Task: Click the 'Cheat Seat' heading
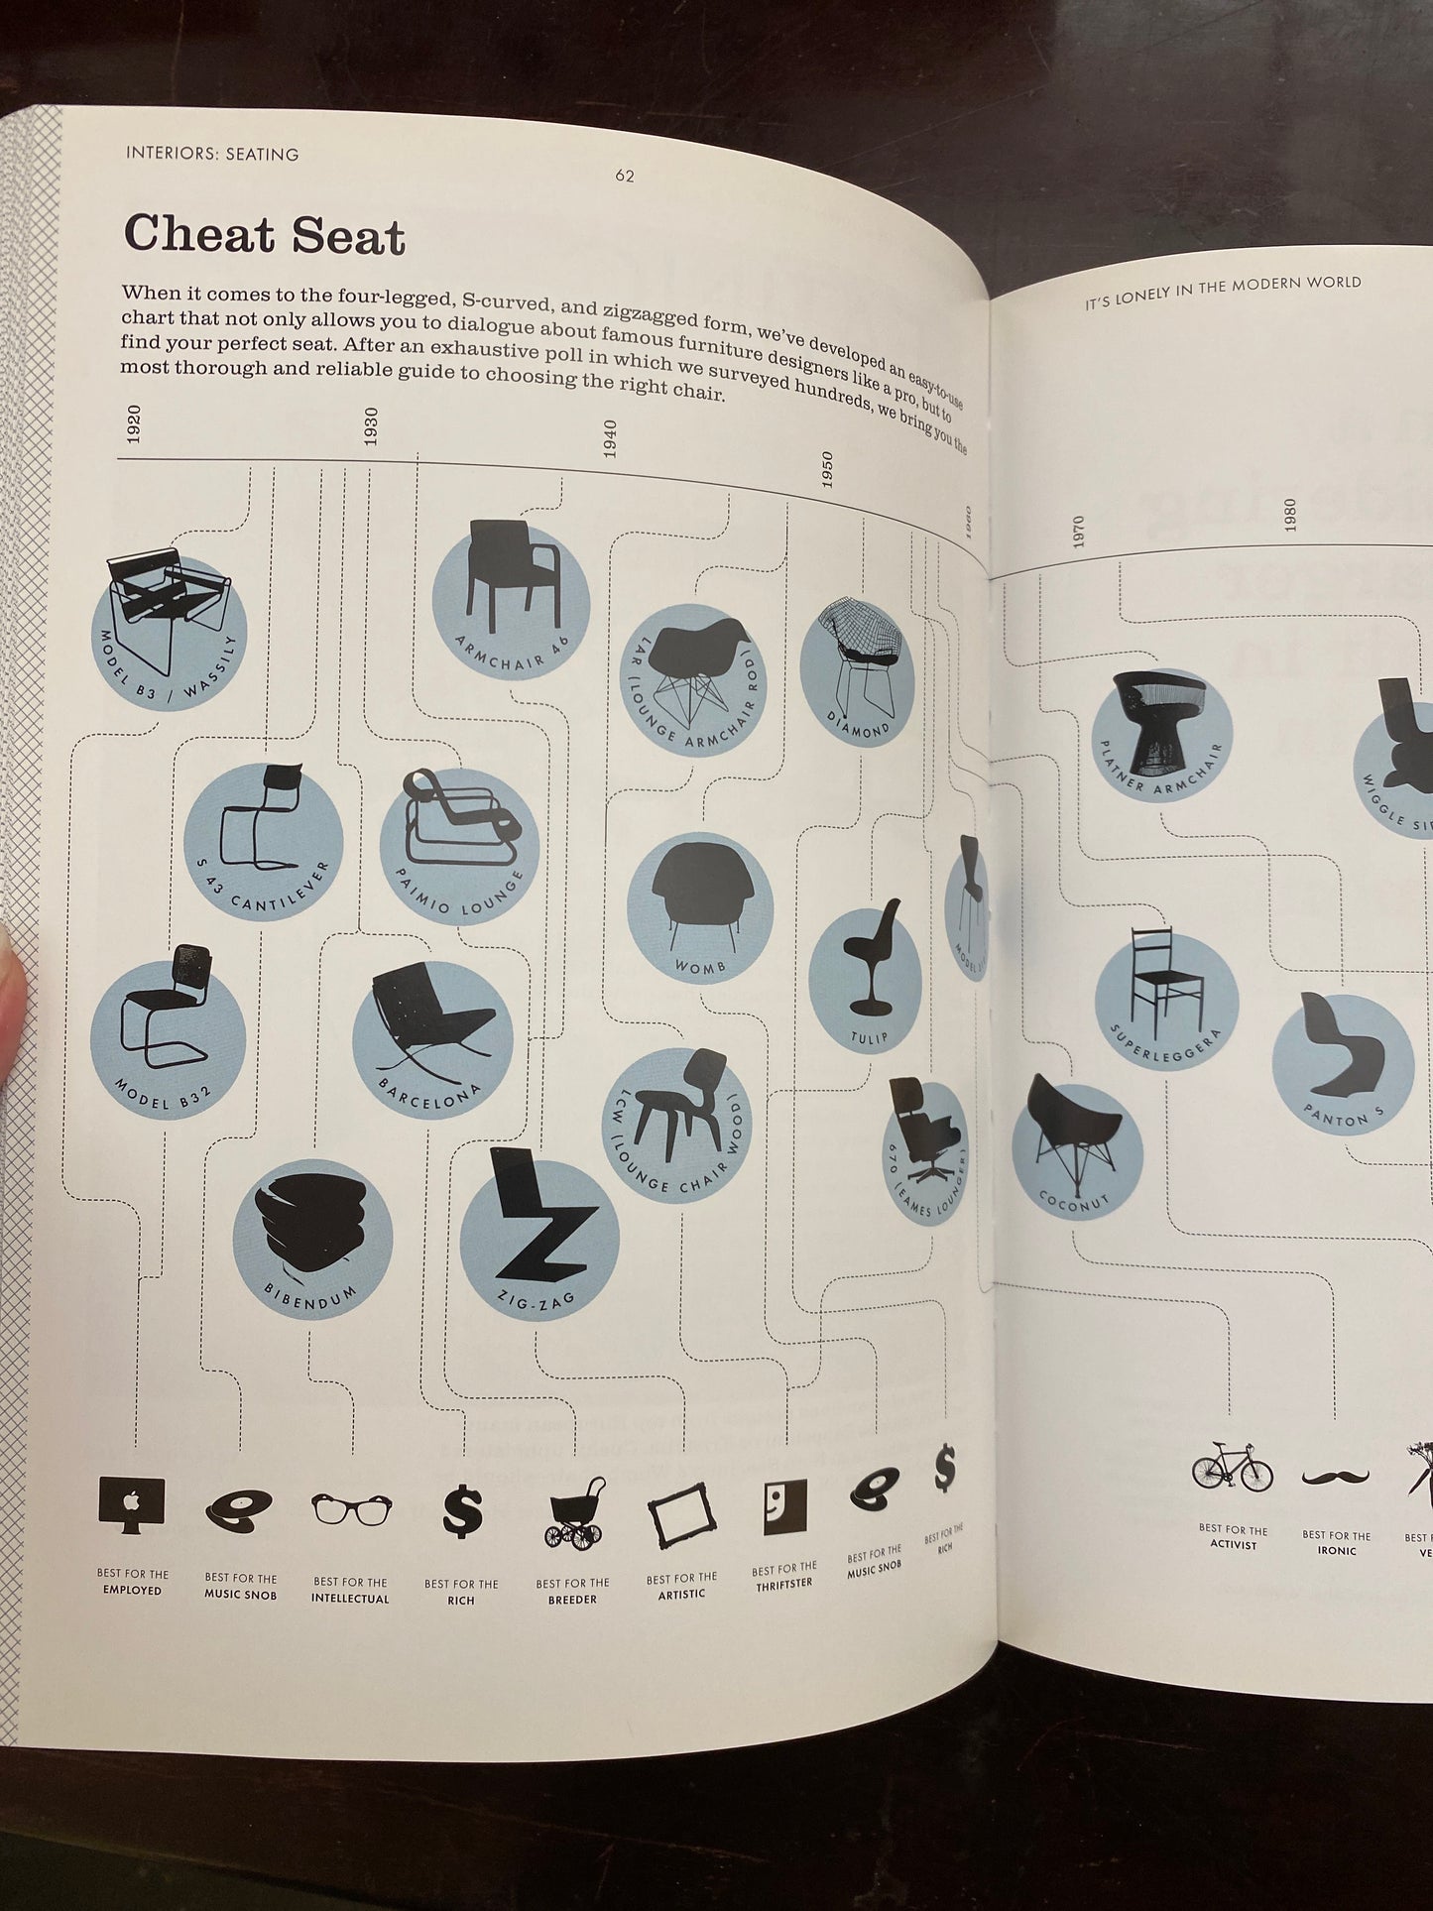click(264, 235)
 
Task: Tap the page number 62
click(624, 177)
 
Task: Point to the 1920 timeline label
click(134, 423)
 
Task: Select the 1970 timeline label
click(1080, 531)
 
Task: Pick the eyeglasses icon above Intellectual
click(351, 1509)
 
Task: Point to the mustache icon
click(1336, 1477)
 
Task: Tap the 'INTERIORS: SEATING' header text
click(213, 154)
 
